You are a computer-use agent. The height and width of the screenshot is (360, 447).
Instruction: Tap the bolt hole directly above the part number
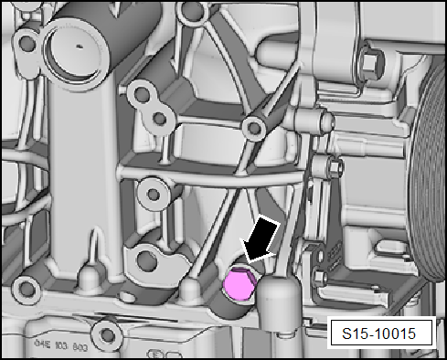click(111, 330)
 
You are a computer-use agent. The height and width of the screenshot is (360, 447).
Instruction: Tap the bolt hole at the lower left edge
click(27, 290)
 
